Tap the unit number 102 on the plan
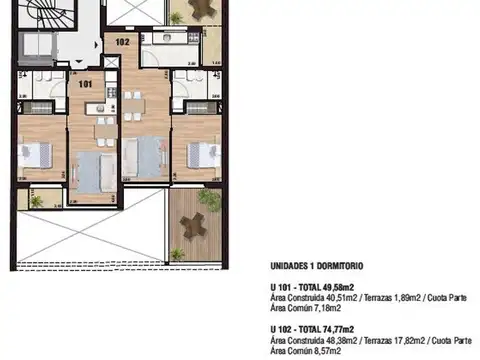122,42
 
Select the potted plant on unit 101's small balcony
37,202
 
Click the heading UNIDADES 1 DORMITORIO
317,267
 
